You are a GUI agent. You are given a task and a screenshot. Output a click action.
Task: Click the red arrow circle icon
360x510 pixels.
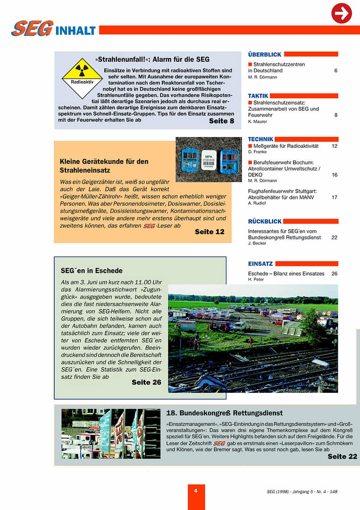tap(342, 13)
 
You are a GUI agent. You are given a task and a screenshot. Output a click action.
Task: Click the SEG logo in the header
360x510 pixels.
tap(32, 29)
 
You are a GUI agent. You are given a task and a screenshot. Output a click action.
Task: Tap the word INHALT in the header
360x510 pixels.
tap(75, 31)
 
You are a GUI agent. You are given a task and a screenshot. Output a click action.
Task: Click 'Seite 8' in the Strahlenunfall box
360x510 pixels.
tap(221, 121)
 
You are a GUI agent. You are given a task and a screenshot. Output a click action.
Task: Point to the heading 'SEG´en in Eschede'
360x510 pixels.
tap(92, 271)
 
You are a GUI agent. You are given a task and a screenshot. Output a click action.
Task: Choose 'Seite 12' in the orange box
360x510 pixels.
tap(209, 231)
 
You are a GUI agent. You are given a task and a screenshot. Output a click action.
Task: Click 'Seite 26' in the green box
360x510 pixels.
tap(146, 382)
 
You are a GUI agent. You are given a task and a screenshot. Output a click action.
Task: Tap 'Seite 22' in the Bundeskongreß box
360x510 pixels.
tap(342, 456)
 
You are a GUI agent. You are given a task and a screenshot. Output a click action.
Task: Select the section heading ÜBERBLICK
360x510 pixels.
tap(264, 54)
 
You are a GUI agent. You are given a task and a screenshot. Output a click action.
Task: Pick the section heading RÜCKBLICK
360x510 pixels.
tap(265, 221)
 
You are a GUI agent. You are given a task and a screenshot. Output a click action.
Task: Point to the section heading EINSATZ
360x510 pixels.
tap(260, 263)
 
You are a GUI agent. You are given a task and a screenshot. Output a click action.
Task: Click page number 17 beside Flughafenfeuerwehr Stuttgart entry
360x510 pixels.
tap(334, 197)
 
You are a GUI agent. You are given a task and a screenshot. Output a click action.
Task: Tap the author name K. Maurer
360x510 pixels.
tap(258, 121)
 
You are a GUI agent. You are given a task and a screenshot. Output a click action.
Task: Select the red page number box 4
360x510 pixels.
tap(196, 491)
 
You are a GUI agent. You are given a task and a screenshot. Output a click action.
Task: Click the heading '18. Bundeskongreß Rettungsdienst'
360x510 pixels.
tap(225, 413)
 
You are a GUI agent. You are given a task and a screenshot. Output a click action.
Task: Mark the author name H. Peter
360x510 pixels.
tap(256, 280)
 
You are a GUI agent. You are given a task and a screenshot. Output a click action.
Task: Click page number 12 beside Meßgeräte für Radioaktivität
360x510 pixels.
tap(334, 146)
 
